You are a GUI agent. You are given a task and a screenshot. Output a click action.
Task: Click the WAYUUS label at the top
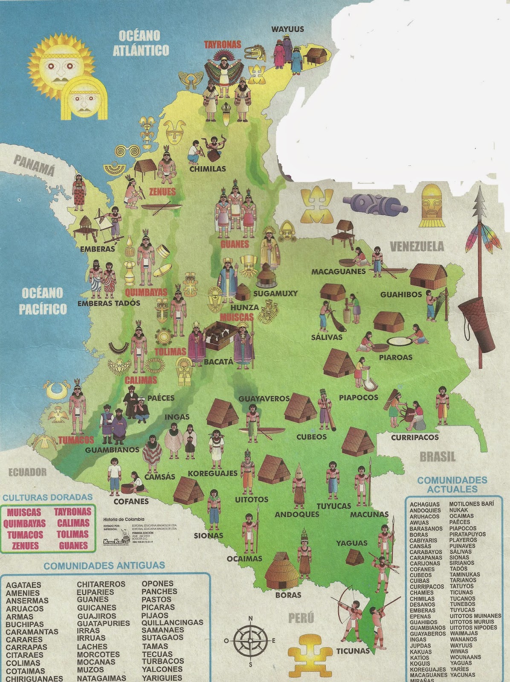point(288,29)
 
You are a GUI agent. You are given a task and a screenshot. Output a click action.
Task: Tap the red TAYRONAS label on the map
point(222,44)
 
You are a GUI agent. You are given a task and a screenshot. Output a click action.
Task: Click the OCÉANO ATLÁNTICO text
point(140,43)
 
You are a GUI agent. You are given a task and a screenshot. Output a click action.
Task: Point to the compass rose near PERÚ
point(250,640)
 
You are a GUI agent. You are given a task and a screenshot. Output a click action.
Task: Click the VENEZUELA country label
point(417,246)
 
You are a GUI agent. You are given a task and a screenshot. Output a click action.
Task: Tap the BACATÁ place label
point(219,361)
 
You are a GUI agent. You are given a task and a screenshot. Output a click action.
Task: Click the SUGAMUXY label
point(275,293)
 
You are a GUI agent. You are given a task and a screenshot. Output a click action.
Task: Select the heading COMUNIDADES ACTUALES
point(452,485)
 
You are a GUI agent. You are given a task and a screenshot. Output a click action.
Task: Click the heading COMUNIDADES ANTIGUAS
point(104,566)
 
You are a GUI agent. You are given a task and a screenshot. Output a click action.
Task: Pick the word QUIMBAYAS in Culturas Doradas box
point(25,523)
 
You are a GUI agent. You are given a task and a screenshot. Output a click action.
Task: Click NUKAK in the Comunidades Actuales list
point(458,510)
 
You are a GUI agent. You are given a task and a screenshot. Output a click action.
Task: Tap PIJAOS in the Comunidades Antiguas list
point(155,615)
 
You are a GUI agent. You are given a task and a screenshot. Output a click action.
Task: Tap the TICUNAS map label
point(353,650)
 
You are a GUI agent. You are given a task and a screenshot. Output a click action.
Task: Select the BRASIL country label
point(438,457)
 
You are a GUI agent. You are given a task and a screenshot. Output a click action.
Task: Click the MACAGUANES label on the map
point(338,271)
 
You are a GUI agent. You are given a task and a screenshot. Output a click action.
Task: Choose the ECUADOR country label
point(27,472)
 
